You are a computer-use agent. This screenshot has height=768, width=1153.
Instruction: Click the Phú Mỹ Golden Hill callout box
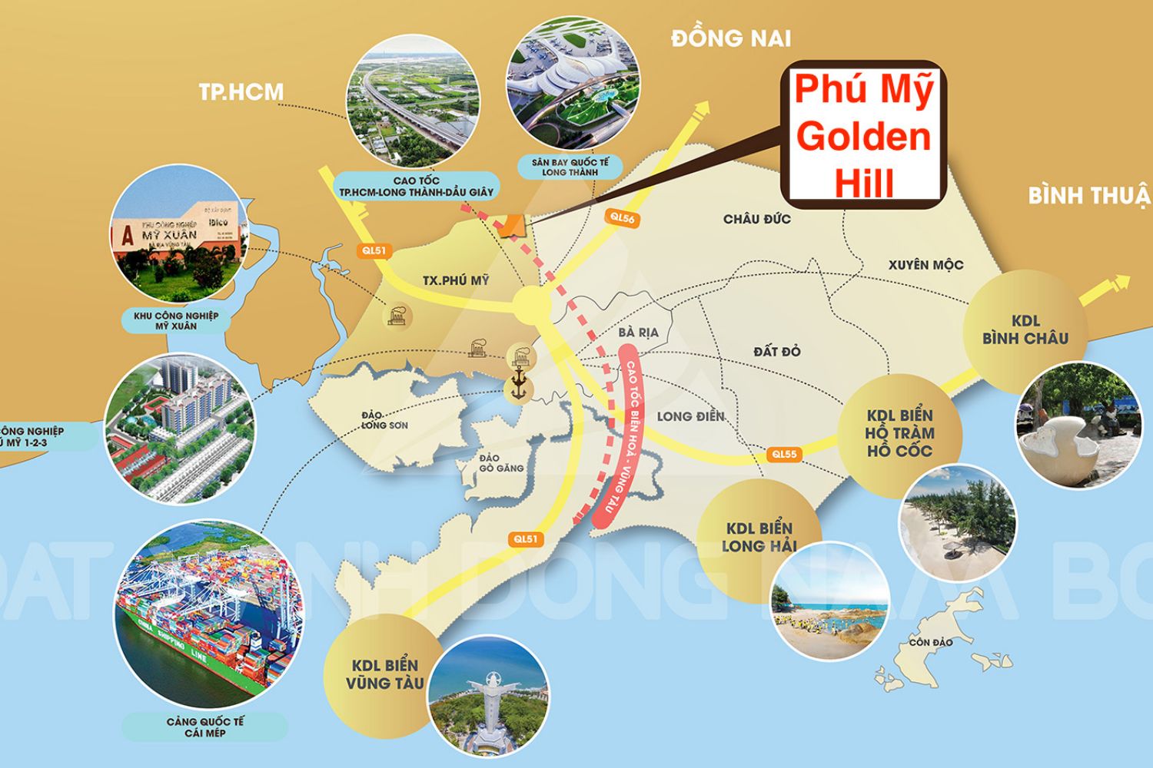point(862,135)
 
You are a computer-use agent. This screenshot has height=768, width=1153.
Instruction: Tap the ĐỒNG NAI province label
point(730,38)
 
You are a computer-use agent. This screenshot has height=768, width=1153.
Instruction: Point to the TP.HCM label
point(241,92)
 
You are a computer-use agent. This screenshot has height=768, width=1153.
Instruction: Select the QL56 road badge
point(622,217)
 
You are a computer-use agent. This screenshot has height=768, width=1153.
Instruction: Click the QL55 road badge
point(784,454)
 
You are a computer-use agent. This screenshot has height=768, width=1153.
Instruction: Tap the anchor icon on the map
point(518,383)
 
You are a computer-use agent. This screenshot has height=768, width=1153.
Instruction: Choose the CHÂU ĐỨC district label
point(756,220)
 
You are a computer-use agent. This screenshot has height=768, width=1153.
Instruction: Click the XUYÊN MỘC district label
point(925,265)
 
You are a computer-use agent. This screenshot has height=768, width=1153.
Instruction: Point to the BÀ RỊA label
point(638,333)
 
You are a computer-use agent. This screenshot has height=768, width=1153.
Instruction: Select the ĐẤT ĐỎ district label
point(776,352)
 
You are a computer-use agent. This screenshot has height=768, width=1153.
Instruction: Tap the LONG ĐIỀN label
point(690,416)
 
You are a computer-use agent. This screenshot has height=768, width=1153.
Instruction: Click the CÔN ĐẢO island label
point(930,642)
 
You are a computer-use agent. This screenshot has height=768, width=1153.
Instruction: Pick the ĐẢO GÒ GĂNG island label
point(501,463)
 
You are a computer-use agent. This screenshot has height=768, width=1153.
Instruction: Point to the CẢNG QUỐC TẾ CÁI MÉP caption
point(204,727)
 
